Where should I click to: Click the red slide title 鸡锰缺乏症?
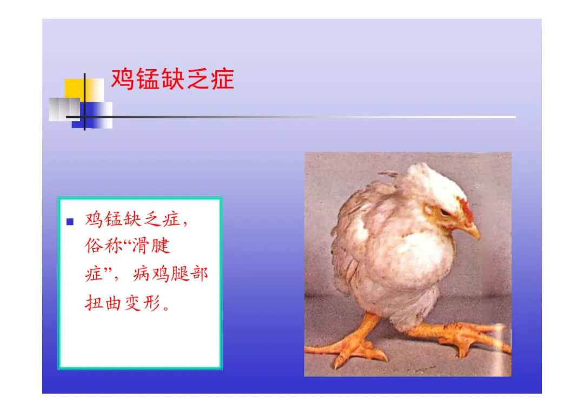(172, 79)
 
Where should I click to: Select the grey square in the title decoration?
(64, 109)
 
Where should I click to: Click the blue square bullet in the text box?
(70, 222)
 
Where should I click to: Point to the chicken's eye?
(444, 213)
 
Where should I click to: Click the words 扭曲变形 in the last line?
(122, 302)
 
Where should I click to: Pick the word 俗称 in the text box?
(99, 246)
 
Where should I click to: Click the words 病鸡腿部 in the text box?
(170, 274)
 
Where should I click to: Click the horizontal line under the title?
(291, 117)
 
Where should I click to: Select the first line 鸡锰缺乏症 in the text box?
(132, 219)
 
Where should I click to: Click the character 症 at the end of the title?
(223, 79)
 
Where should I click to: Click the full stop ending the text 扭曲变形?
(166, 308)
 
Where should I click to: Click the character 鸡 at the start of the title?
(123, 79)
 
